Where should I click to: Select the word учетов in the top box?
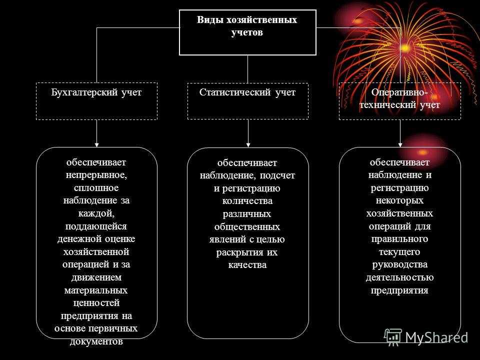[x=247, y=32]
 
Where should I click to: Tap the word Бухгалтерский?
[x=84, y=92]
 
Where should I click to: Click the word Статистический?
[x=235, y=92]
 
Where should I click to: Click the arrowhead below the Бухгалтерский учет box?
[x=96, y=145]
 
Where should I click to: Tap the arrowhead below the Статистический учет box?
[x=248, y=145]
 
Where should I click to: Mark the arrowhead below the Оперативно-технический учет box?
[x=400, y=145]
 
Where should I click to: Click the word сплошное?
[x=96, y=187]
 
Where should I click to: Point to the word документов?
[x=96, y=341]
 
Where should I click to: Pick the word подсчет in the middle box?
[x=277, y=175]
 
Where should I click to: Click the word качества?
[x=247, y=265]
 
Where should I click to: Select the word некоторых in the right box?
[x=400, y=201]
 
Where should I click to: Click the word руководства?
[x=400, y=265]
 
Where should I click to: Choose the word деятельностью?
[x=400, y=277]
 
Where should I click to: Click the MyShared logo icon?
[x=393, y=337]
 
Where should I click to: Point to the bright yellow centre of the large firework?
[x=405, y=48]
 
